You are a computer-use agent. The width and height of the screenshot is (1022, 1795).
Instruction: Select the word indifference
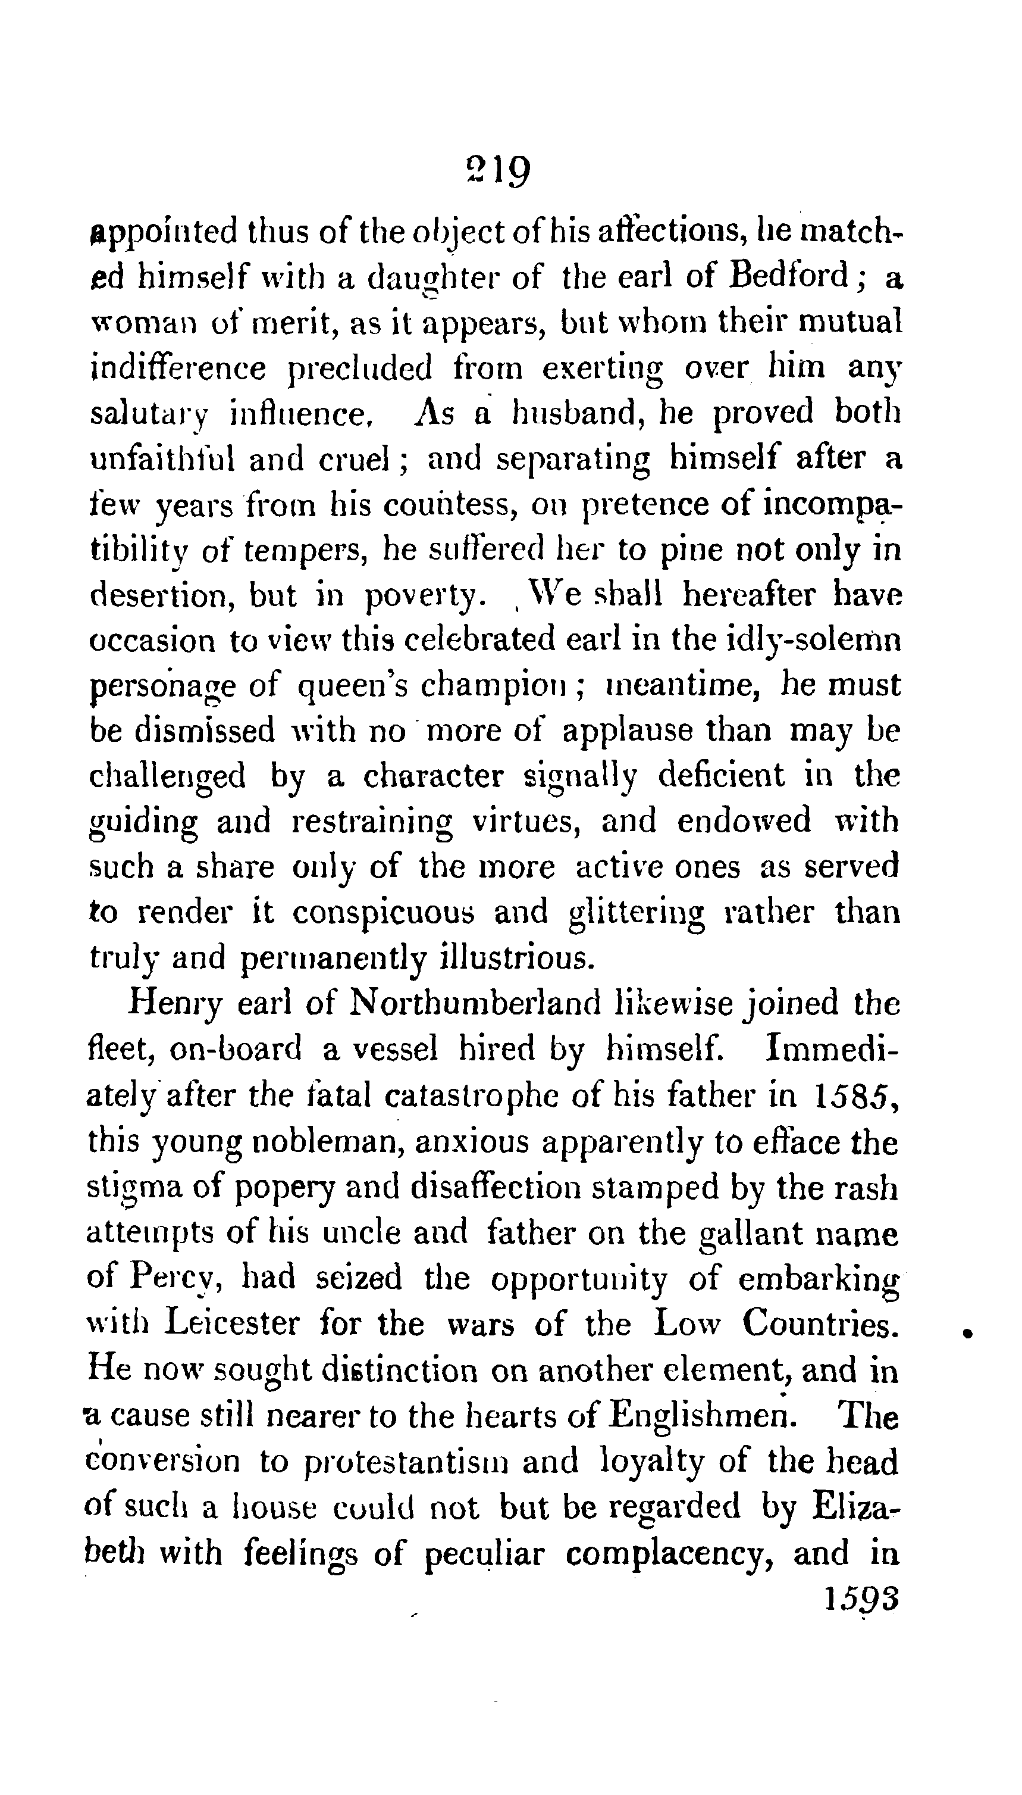[178, 367]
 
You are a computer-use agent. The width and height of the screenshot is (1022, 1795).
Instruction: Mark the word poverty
[424, 597]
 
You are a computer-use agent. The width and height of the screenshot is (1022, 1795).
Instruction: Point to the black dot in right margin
[967, 1330]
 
